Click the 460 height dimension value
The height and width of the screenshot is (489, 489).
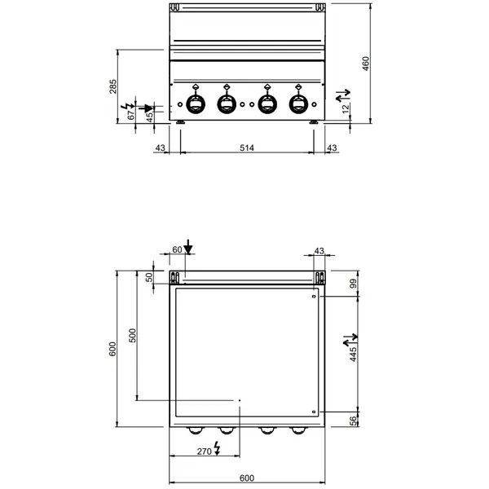click(x=367, y=64)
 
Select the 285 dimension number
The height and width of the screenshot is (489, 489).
click(x=113, y=86)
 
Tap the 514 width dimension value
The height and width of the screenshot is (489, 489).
click(x=246, y=148)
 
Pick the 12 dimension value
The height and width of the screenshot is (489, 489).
click(x=346, y=108)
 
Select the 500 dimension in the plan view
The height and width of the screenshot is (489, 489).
click(x=134, y=336)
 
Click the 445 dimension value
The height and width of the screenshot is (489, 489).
click(x=355, y=353)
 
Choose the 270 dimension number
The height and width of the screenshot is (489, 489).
click(x=204, y=451)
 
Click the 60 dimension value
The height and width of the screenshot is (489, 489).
click(x=177, y=250)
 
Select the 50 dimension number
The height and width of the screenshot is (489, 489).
click(x=150, y=277)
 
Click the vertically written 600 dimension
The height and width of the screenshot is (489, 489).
click(x=113, y=348)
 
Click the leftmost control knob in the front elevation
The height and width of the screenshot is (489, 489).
click(x=197, y=104)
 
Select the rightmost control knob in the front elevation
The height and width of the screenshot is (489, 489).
click(x=299, y=104)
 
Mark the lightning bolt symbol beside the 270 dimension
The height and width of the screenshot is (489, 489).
click(x=218, y=450)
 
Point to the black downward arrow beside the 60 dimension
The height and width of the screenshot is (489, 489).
click(x=188, y=246)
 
